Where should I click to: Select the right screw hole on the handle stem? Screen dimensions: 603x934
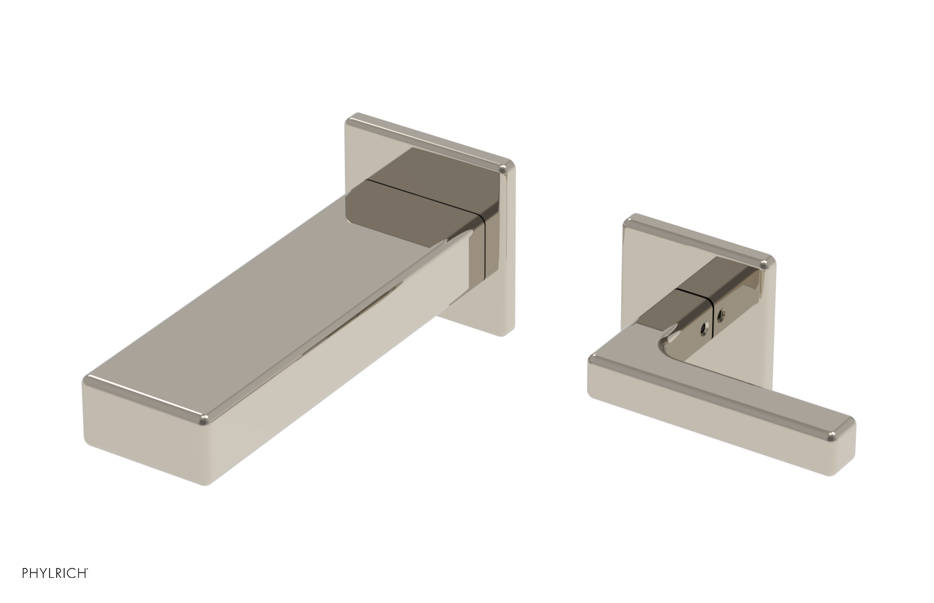tap(722, 318)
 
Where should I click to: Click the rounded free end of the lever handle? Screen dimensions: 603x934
tap(844, 444)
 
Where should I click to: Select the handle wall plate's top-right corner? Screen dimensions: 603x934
tap(769, 263)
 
